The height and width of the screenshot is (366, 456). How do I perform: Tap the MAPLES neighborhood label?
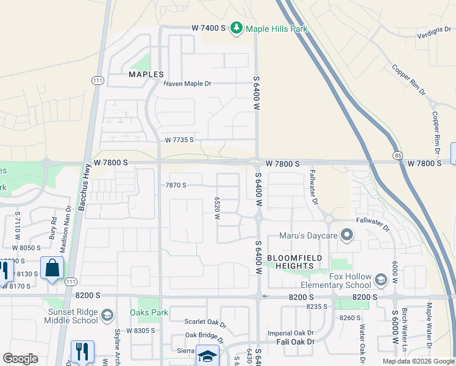[146, 74]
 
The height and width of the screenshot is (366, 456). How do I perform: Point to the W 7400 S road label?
[208, 28]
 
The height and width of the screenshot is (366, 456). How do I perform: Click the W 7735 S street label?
[179, 140]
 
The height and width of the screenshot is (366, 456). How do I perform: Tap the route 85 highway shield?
[397, 156]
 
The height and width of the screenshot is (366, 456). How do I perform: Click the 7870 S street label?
[176, 185]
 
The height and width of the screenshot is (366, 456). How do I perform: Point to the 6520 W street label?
[217, 209]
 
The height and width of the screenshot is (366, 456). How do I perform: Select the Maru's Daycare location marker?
[347, 235]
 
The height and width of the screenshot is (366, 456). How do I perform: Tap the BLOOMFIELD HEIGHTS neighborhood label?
[295, 262]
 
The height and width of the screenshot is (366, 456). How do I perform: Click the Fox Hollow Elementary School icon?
[381, 280]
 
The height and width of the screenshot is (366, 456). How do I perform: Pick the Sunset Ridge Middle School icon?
[107, 315]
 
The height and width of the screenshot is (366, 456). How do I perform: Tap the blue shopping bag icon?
[52, 267]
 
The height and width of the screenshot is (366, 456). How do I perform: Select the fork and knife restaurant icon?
[82, 351]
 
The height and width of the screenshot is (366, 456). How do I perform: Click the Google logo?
[20, 359]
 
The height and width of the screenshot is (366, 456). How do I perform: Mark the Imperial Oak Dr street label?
[291, 333]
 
